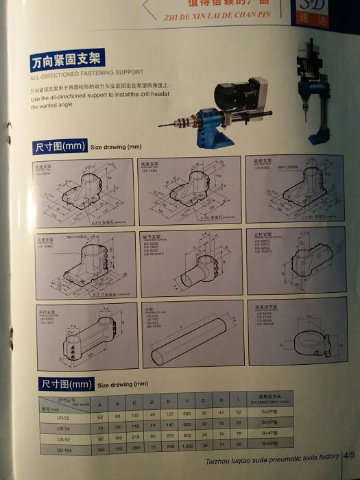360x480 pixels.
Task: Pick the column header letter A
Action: click(x=100, y=403)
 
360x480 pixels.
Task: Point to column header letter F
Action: click(x=187, y=400)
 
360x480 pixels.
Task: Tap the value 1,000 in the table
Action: click(x=188, y=446)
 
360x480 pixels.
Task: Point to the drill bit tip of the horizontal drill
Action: click(x=160, y=125)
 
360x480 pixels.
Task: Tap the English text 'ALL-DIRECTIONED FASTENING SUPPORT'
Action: click(x=87, y=72)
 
